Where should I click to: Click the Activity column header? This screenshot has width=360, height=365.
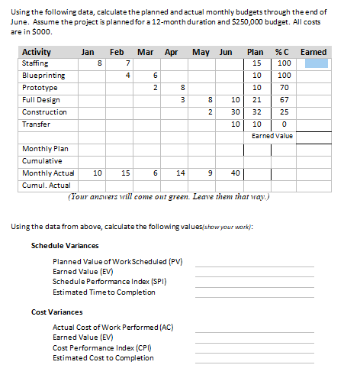click(x=36, y=52)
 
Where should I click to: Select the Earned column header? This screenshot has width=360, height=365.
click(x=313, y=52)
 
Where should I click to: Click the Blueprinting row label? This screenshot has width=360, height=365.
click(x=43, y=76)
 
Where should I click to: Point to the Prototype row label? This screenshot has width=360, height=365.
click(x=40, y=88)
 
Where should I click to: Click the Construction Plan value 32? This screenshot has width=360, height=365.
click(x=256, y=111)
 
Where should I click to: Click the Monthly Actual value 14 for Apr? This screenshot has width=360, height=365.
click(x=181, y=173)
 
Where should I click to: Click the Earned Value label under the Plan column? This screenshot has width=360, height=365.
click(x=272, y=135)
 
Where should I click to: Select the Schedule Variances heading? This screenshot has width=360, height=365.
click(x=65, y=246)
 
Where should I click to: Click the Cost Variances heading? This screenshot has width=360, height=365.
click(x=57, y=312)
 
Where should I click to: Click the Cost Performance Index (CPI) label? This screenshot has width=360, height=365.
click(x=104, y=347)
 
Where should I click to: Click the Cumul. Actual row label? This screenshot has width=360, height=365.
click(x=45, y=185)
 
